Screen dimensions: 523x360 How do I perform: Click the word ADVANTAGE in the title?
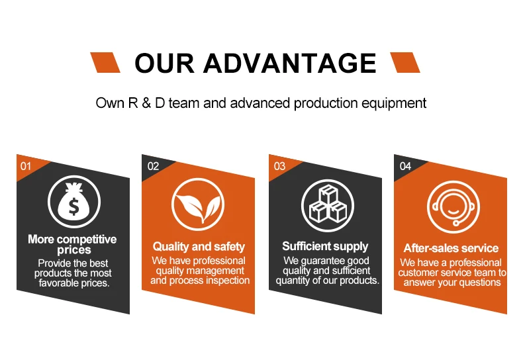(290, 63)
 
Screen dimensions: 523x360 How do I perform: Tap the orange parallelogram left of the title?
(105, 62)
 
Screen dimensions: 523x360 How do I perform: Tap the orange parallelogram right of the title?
(405, 62)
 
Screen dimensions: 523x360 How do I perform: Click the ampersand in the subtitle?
(146, 103)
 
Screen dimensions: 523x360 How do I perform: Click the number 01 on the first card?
(26, 166)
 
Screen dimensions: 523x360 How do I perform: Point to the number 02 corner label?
(153, 166)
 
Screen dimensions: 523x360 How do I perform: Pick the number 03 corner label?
(279, 166)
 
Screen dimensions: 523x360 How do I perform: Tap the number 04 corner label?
(405, 166)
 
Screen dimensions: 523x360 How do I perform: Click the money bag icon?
(74, 202)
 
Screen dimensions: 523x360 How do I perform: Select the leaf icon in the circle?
(198, 204)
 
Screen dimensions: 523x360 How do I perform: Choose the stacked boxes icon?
(328, 206)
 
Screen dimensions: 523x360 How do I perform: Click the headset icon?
(453, 207)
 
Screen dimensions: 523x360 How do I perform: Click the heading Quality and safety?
(199, 247)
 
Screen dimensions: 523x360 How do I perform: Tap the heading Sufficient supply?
(325, 246)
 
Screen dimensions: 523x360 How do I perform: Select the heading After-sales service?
(451, 248)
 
